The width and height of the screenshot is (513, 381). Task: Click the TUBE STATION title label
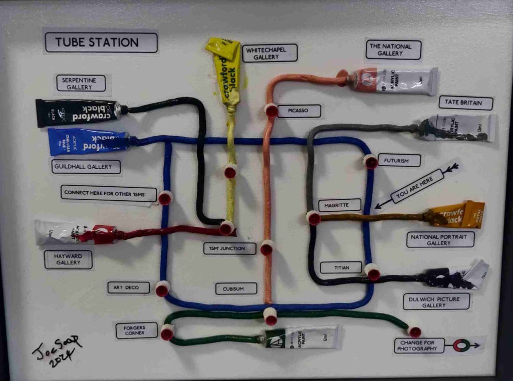101,43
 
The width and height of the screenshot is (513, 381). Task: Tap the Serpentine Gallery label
81,83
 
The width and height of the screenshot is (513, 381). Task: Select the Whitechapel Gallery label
270,53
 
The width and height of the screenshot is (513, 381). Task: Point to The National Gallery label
393,50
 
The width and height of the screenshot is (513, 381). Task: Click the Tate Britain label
466,103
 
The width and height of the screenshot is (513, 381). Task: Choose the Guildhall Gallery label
86,167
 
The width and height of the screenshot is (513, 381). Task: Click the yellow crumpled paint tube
224,70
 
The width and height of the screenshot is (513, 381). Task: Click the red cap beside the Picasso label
271,110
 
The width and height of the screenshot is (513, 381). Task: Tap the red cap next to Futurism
370,161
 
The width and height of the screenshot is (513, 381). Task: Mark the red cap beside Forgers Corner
167,332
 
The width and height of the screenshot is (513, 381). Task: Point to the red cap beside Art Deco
162,289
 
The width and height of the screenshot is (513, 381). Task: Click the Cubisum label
236,288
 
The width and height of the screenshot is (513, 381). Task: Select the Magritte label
340,205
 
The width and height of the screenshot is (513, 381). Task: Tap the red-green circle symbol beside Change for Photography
459,345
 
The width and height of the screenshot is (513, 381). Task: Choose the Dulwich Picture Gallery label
436,301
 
